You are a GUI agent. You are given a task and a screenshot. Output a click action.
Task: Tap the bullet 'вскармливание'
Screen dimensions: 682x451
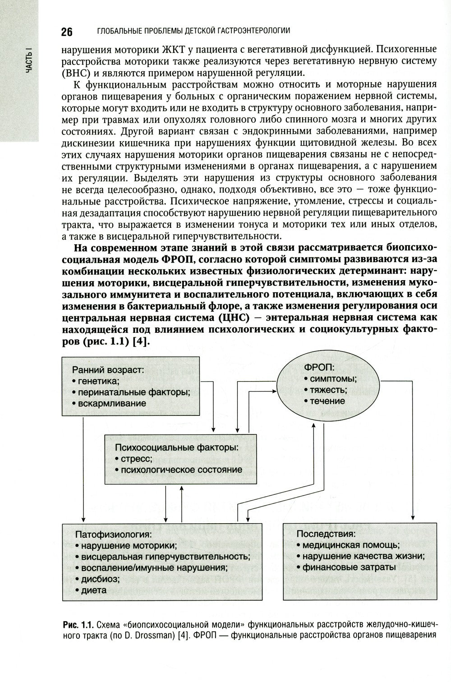pos(111,403)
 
